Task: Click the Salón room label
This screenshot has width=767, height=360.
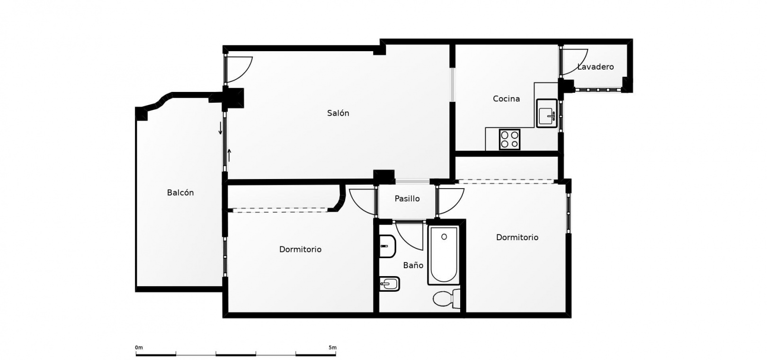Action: tap(338, 113)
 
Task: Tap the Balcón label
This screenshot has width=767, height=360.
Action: tap(180, 192)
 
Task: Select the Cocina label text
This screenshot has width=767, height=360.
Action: tap(506, 99)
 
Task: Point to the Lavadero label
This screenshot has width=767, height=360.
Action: tap(596, 67)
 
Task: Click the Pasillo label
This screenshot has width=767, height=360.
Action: tap(407, 198)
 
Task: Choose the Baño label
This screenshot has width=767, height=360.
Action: tap(413, 265)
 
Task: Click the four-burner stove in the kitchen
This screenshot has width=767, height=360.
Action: tap(509, 139)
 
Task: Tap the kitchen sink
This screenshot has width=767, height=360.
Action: tap(547, 113)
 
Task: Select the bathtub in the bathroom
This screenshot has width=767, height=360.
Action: tap(444, 255)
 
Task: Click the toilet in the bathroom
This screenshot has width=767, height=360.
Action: tap(446, 298)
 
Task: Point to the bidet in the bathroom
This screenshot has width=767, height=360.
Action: tap(389, 284)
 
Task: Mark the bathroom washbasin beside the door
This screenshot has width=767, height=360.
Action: tap(388, 246)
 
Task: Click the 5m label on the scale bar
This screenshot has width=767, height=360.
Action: tap(332, 347)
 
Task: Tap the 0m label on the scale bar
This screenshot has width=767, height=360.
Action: tap(139, 347)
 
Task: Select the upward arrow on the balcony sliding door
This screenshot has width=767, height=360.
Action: tap(229, 155)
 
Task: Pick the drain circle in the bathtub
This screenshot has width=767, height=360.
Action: tap(444, 237)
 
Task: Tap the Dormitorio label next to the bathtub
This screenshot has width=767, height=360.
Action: tap(517, 237)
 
